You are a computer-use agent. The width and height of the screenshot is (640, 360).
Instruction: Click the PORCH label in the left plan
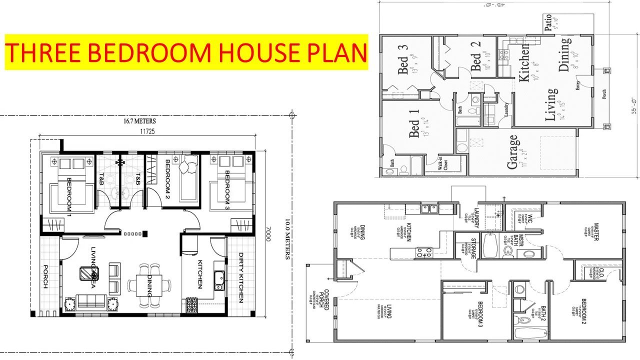(x=45, y=276)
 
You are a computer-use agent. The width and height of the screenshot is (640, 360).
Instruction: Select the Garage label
(x=512, y=152)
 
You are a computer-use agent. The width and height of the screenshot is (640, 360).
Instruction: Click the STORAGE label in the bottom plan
(x=473, y=247)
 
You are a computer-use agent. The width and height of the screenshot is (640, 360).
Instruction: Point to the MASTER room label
(x=595, y=231)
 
